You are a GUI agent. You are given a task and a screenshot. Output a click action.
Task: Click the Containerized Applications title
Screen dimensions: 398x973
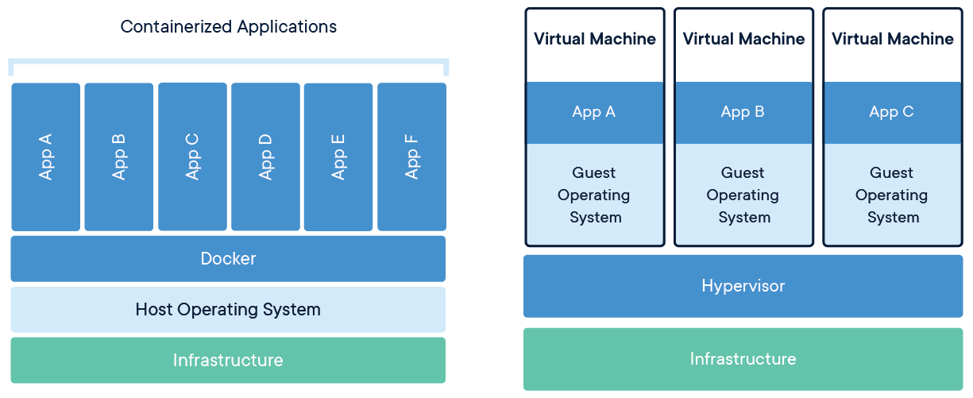click(228, 27)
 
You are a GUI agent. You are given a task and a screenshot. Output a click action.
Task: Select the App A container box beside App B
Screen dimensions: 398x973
click(45, 156)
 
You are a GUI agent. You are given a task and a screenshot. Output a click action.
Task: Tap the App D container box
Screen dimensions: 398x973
click(265, 156)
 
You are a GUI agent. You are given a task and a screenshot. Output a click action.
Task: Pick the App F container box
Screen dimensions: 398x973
click(411, 156)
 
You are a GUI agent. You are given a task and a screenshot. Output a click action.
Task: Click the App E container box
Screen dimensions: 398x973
click(338, 156)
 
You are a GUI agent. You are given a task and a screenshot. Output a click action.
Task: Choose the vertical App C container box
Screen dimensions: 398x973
click(192, 156)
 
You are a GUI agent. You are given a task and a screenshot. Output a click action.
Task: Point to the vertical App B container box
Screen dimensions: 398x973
click(118, 156)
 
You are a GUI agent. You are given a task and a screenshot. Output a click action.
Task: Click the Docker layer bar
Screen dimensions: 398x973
click(228, 259)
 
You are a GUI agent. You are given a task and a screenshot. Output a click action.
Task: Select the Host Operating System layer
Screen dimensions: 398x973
click(228, 310)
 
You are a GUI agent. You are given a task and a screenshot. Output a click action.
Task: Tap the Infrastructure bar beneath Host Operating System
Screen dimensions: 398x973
click(228, 361)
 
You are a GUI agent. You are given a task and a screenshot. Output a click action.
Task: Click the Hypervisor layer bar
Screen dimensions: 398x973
click(743, 286)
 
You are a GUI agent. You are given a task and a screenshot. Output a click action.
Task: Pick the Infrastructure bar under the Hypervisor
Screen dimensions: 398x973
click(743, 359)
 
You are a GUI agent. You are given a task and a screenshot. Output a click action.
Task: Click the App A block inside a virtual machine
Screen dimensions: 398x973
click(594, 112)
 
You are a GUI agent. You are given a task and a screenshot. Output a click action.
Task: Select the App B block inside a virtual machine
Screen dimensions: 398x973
click(743, 112)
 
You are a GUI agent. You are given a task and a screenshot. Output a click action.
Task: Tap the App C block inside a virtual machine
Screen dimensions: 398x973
click(891, 112)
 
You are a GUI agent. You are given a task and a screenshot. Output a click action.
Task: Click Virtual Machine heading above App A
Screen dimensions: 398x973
click(594, 39)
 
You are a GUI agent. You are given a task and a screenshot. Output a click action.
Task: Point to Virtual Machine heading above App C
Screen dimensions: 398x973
click(892, 39)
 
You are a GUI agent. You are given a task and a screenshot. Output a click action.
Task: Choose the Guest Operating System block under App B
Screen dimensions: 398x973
click(743, 195)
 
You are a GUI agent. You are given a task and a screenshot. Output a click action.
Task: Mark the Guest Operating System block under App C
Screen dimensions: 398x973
click(891, 195)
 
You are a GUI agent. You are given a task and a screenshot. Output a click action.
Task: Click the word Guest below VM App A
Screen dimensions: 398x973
click(594, 173)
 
